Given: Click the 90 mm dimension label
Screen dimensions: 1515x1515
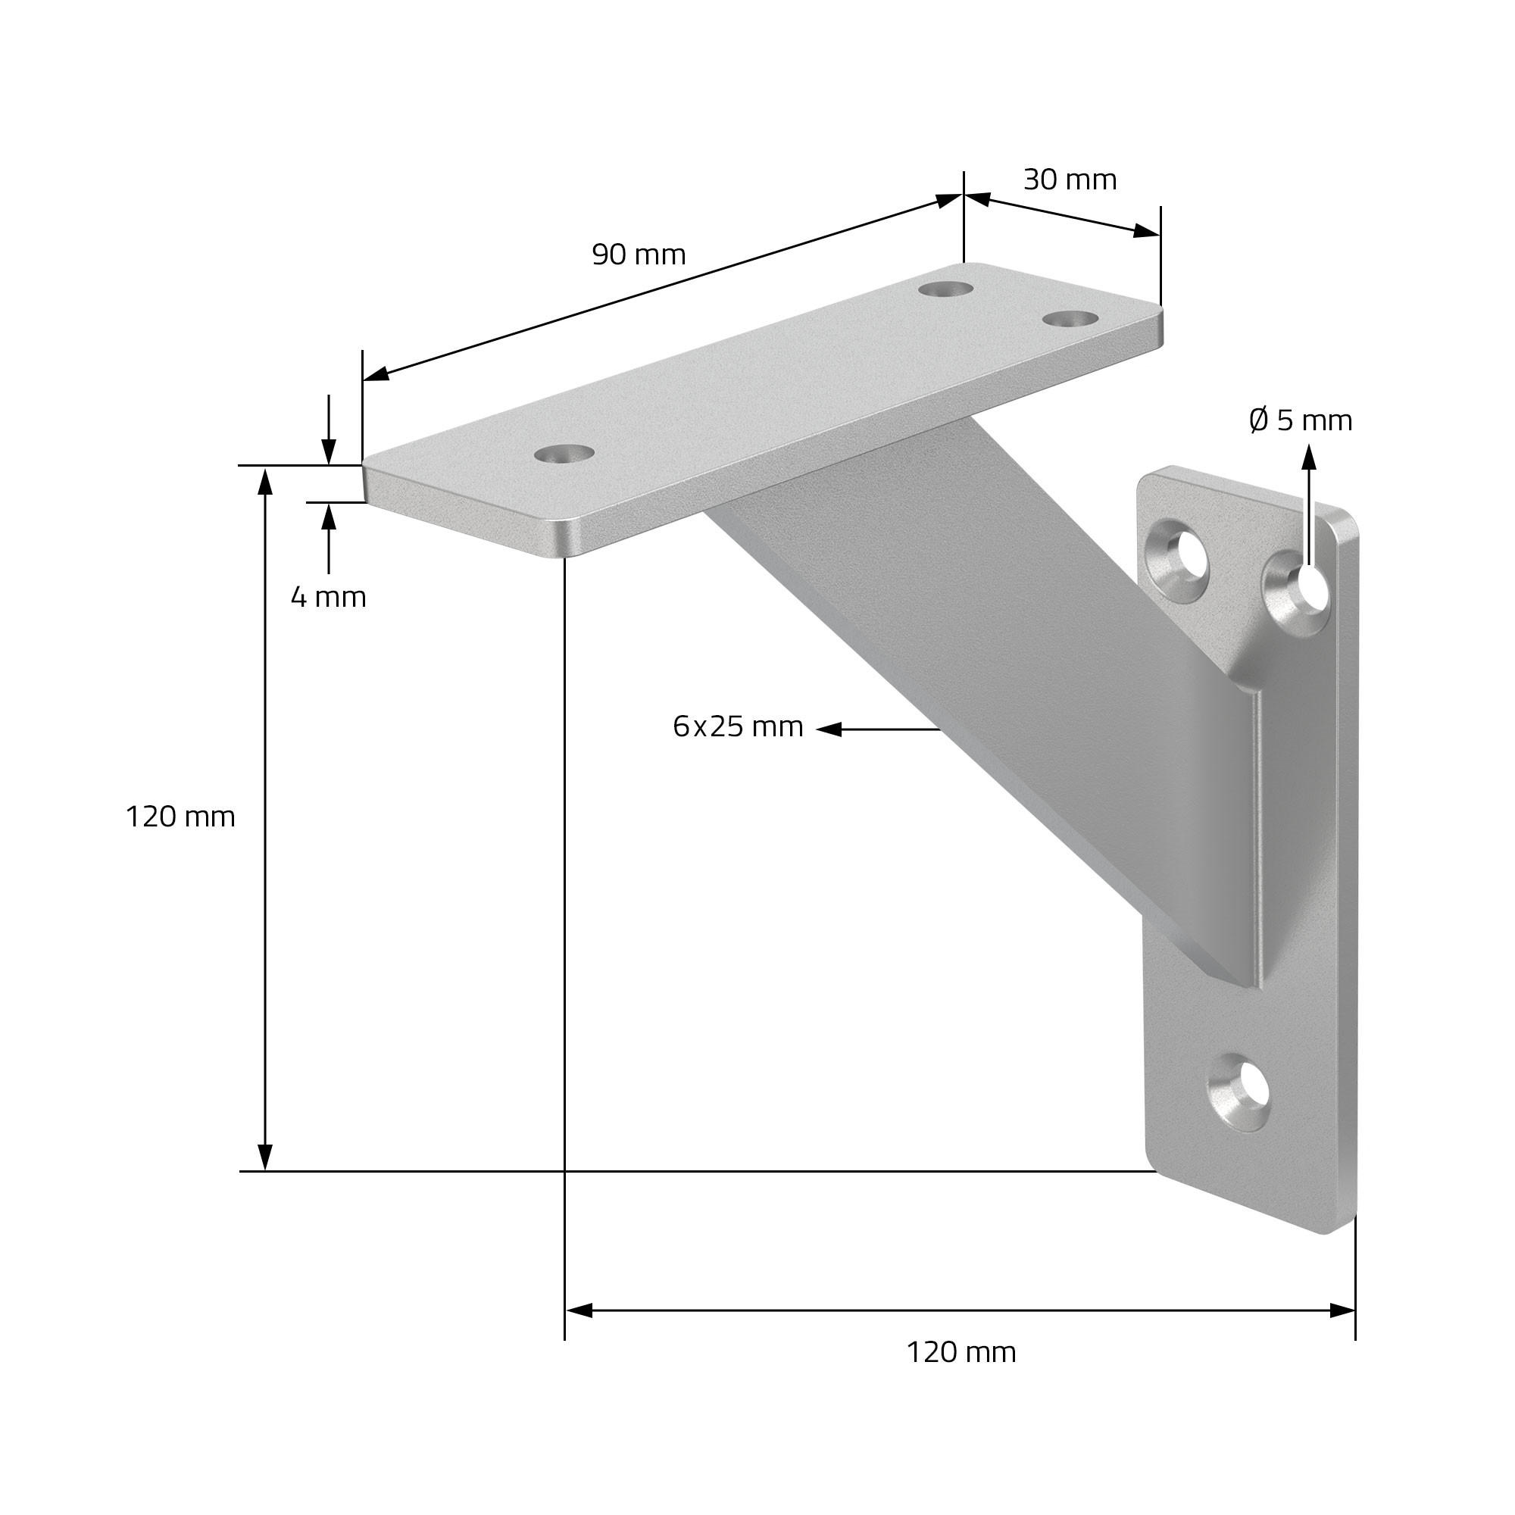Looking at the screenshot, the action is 639,255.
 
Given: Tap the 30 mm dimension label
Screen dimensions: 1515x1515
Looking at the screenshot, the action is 1070,180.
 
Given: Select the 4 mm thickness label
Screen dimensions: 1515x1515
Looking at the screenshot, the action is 329,598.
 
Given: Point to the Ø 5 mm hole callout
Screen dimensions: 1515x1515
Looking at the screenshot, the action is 1300,421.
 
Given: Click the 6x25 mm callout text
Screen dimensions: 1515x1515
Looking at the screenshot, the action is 738,727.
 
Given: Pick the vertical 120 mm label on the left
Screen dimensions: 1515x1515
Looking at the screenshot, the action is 180,817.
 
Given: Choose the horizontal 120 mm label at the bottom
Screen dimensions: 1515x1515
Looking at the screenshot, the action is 961,1352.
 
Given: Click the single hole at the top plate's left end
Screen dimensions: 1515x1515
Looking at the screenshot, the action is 563,453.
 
